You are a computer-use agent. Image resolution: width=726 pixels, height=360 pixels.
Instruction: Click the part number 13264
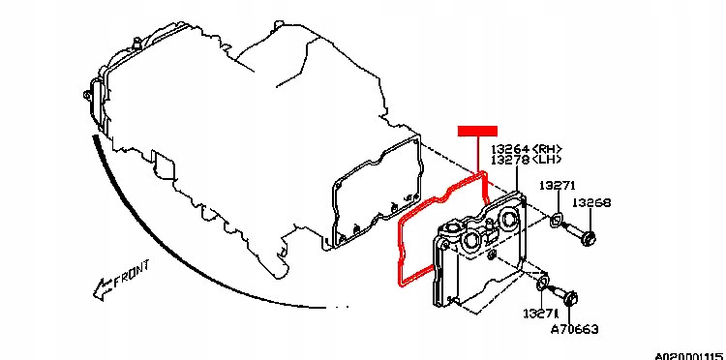(x=510, y=149)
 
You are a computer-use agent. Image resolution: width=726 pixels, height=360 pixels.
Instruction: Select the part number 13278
(x=510, y=160)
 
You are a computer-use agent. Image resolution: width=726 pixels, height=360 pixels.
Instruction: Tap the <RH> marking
(x=547, y=149)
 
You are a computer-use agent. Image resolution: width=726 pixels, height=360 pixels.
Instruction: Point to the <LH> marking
(x=547, y=160)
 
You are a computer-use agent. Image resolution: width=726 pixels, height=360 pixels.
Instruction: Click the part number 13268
(x=591, y=202)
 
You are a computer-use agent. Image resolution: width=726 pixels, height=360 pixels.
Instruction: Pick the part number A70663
(x=574, y=329)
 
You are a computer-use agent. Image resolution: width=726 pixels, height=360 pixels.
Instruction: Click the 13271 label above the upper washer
(x=557, y=186)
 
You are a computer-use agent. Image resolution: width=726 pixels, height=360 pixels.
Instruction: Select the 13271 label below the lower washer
(x=542, y=314)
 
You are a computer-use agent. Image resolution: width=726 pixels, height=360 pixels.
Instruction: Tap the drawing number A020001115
(x=690, y=356)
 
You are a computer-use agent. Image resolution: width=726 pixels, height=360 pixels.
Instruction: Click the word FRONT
(x=132, y=274)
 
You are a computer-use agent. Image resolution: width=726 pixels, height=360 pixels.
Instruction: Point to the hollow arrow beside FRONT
(x=103, y=289)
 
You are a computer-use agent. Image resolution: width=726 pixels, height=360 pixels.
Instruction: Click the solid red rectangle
(x=477, y=131)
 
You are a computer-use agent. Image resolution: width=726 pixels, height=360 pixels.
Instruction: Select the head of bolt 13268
(x=589, y=239)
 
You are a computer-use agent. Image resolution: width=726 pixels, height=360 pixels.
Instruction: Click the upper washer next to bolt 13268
(x=556, y=221)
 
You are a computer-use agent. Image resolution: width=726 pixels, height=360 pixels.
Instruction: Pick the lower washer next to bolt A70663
(x=542, y=284)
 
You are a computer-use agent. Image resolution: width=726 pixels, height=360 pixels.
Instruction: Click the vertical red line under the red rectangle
(x=477, y=154)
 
